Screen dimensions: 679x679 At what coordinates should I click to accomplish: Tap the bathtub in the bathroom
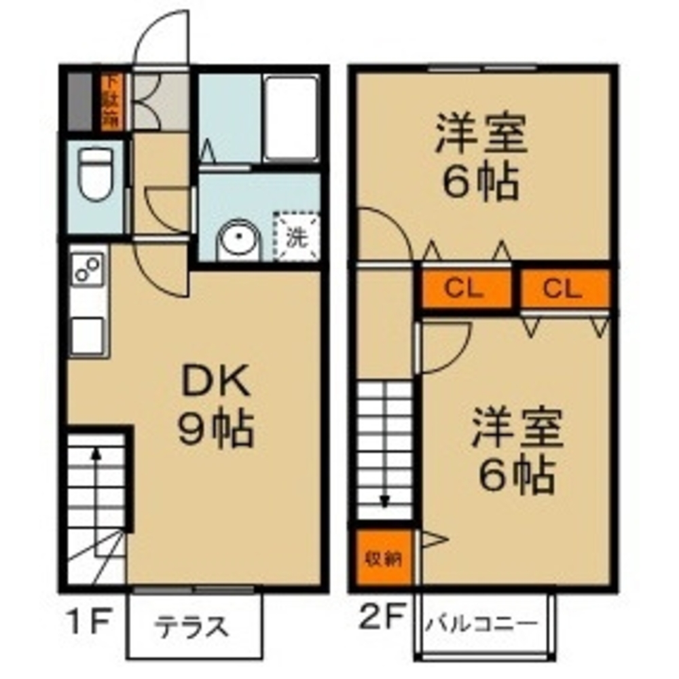pos(291,119)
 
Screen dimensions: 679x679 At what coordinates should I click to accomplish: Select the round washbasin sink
pos(238,241)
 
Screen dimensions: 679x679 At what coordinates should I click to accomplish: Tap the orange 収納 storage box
pos(384,558)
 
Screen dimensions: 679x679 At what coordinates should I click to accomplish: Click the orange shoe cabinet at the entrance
pos(111,102)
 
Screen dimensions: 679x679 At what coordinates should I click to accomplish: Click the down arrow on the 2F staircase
pos(385,501)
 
